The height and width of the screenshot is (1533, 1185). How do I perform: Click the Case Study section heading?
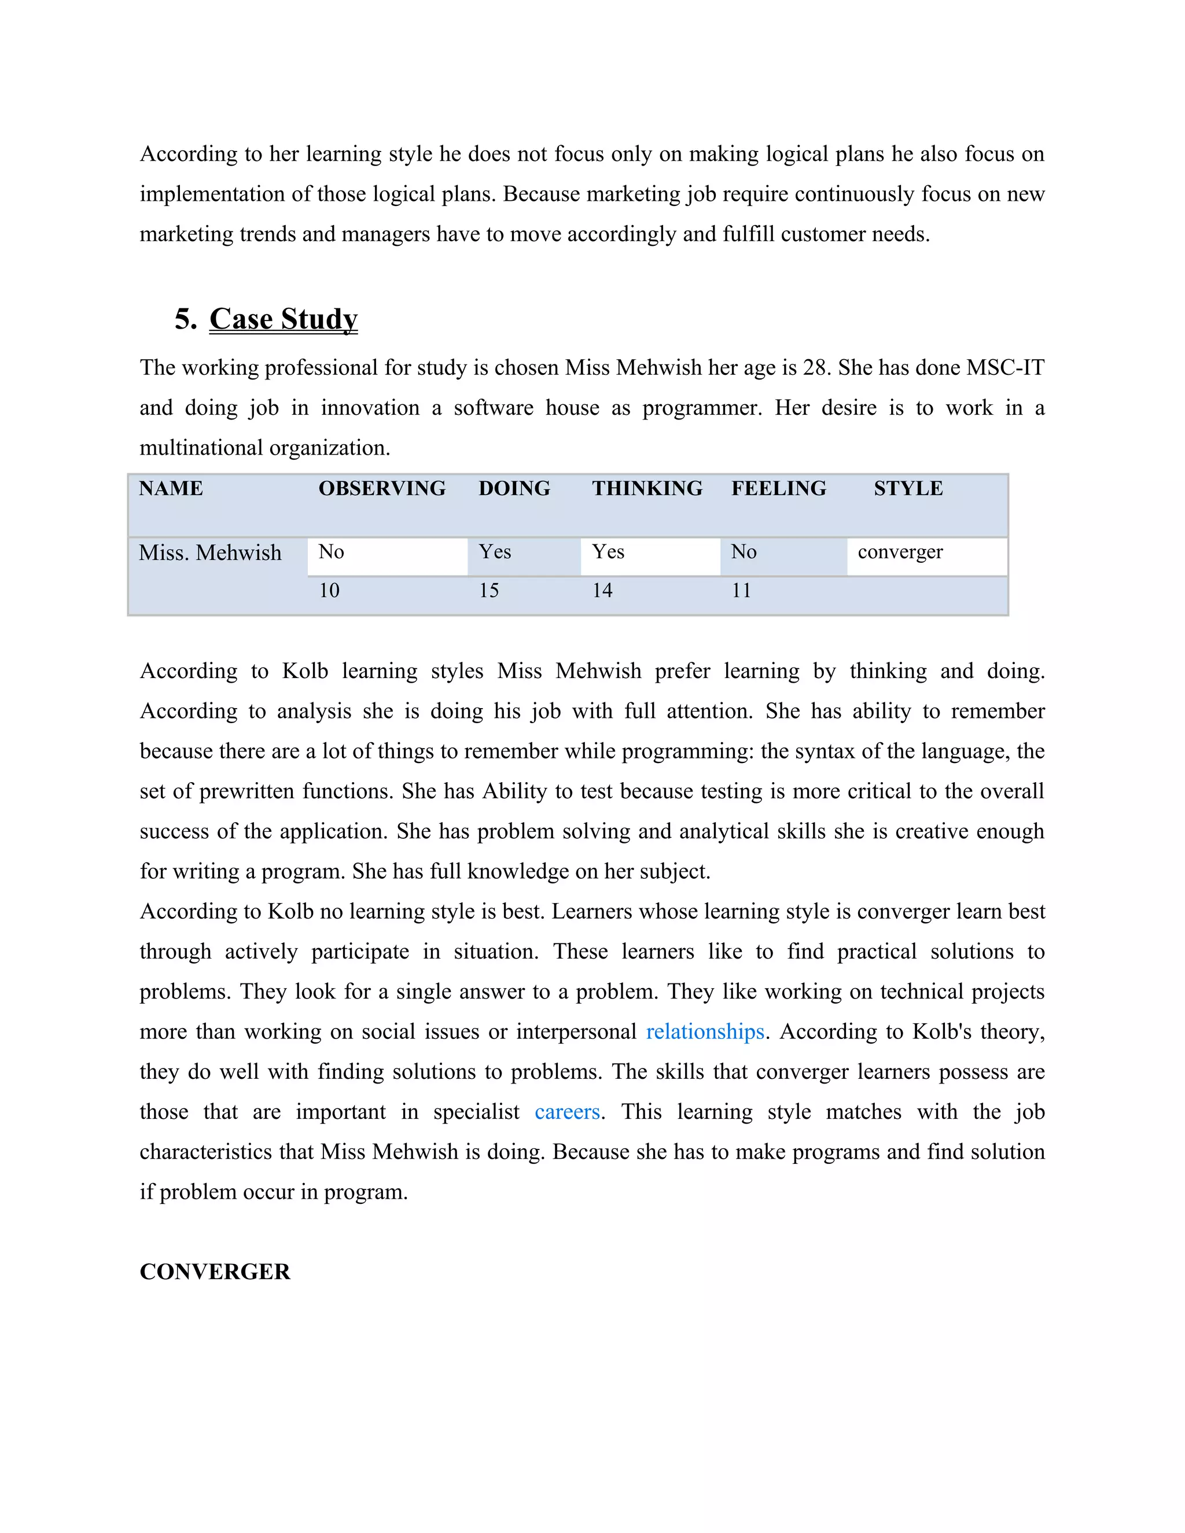coord(283,319)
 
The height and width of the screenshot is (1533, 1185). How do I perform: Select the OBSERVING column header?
coord(382,489)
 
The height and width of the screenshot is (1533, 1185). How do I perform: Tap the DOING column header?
coord(514,489)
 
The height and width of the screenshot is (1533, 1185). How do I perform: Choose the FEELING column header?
coord(779,489)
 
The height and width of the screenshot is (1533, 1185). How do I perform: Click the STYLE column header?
coord(908,489)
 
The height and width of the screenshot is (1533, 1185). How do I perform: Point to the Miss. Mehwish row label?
coord(210,553)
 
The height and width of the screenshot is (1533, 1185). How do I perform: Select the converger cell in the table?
coord(900,552)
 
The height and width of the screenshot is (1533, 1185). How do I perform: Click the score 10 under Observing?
coord(329,590)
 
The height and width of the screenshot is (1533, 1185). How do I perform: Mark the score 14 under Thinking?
coord(602,590)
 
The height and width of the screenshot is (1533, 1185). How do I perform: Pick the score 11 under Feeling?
coord(741,590)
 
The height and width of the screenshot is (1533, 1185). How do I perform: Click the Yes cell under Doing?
coord(495,552)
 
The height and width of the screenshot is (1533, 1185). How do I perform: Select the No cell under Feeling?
coord(744,552)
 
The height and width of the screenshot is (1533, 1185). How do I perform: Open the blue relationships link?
coord(705,1032)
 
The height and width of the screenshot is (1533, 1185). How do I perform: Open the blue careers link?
coord(567,1112)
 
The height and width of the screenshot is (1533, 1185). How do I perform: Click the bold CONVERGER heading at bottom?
coord(215,1272)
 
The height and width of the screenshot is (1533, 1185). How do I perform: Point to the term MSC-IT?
coord(1005,368)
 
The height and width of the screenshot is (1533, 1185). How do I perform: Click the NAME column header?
coord(171,489)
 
